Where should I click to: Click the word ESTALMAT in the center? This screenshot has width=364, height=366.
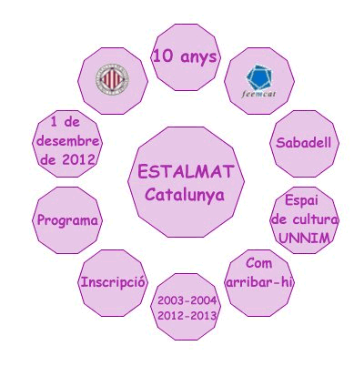[186, 171]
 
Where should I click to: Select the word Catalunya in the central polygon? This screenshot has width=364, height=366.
[185, 195]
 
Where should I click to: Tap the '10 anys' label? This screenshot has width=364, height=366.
[185, 56]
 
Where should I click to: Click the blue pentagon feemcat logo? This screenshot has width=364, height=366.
[259, 77]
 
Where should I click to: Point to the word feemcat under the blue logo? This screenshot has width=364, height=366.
[258, 94]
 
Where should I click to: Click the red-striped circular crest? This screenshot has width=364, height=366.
[112, 78]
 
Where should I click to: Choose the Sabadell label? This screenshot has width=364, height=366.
[304, 143]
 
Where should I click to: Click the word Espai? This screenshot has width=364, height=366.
[302, 201]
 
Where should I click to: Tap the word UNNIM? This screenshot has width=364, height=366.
[304, 239]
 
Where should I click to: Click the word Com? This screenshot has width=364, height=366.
[258, 263]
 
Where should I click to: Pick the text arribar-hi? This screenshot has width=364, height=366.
[259, 282]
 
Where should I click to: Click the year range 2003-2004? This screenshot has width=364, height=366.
[187, 300]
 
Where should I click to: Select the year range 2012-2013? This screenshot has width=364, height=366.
[187, 316]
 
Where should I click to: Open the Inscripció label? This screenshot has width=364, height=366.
[113, 282]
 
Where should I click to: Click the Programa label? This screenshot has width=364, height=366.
[67, 220]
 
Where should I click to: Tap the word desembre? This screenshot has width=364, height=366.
[68, 141]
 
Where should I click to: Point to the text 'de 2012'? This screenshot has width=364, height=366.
[68, 159]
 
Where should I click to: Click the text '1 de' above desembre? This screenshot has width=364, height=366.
[66, 122]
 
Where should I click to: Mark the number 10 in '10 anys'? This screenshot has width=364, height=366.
[163, 56]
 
